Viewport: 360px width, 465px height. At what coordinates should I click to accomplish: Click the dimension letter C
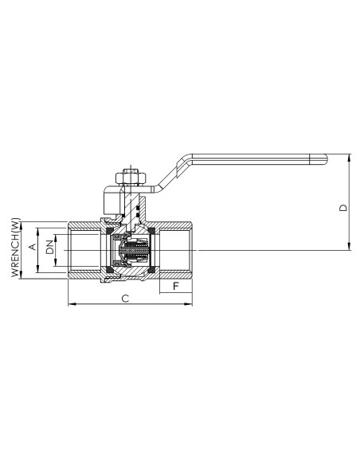tap(125, 299)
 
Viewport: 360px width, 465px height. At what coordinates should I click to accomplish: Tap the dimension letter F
tap(176, 286)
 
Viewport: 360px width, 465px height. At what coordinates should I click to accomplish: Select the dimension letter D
tap(343, 207)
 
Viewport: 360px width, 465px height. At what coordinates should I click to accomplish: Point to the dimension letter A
tap(33, 247)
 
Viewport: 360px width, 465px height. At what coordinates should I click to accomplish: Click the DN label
tap(50, 247)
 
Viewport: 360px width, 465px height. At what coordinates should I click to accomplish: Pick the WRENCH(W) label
tap(16, 248)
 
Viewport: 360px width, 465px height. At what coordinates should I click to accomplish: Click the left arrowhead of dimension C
tap(72, 304)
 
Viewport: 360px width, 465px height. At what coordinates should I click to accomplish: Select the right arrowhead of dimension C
tap(188, 304)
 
